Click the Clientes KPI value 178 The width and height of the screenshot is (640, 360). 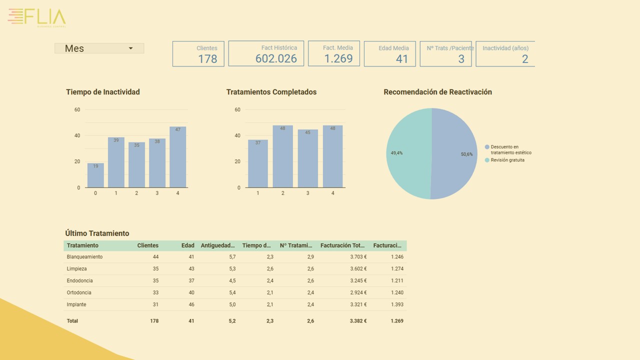[207, 59]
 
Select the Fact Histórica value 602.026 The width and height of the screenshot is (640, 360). [276, 58]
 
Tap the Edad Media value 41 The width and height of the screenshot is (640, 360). [402, 59]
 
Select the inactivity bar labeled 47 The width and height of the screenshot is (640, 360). [177, 157]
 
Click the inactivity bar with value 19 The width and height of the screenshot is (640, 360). [95, 175]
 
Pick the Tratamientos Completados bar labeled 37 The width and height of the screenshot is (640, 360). [258, 164]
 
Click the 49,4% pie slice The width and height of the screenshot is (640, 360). [407, 153]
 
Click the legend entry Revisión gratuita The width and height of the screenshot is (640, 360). [507, 160]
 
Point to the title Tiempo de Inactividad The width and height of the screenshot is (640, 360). [103, 92]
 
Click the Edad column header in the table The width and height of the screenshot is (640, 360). [187, 245]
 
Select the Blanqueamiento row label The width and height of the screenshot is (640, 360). [84, 257]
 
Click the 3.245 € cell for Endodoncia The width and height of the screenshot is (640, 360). [358, 280]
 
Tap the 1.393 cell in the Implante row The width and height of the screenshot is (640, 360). [397, 304]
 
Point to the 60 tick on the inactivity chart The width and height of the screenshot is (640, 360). [77, 109]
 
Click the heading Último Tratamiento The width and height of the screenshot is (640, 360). [97, 233]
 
